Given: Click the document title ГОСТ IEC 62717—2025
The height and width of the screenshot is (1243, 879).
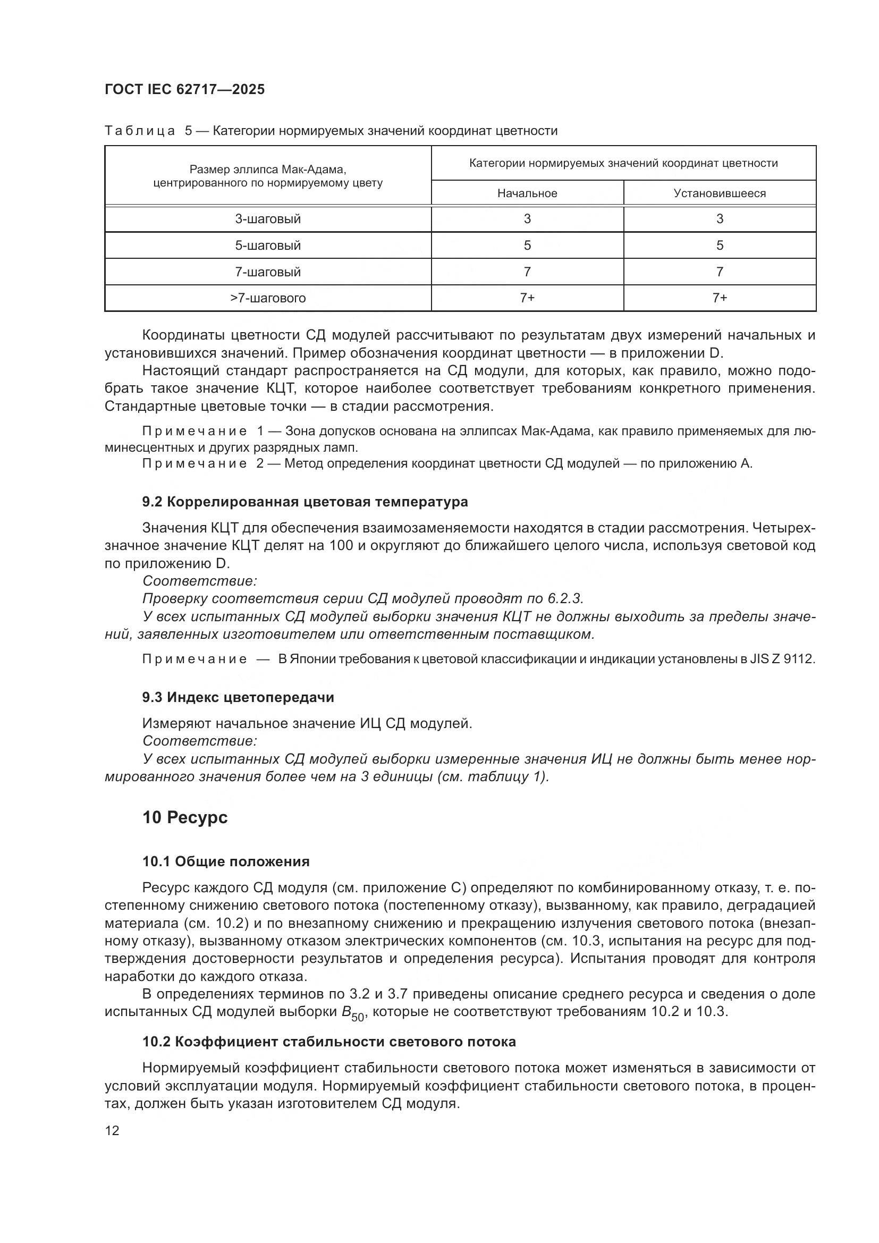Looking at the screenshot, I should click(x=184, y=89).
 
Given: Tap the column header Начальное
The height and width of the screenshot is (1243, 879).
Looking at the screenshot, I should click(x=527, y=193).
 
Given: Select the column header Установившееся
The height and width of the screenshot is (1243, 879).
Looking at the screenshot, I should click(x=720, y=193).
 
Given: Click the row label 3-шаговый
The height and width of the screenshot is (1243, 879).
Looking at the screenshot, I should click(x=268, y=219).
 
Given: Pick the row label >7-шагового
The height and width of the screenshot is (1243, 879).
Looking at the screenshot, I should click(x=268, y=298).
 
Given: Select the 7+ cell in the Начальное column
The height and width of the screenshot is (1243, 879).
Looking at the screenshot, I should click(x=527, y=298).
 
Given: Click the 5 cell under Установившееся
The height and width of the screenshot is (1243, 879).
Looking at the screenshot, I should click(x=720, y=246).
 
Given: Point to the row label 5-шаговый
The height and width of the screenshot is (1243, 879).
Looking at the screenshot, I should click(x=268, y=246).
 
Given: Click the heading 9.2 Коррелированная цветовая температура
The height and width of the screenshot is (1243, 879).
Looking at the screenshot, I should click(x=305, y=502).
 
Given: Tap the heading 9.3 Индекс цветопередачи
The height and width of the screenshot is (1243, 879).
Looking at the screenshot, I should click(x=238, y=697).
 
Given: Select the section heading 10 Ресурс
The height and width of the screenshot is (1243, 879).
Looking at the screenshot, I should click(x=184, y=817).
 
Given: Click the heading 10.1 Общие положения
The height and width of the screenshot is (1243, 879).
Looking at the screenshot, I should click(x=226, y=861).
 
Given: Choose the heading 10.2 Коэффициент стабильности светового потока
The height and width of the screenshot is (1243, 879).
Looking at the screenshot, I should click(x=328, y=1042).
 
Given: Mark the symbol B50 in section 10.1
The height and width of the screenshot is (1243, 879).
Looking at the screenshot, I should click(x=352, y=1013).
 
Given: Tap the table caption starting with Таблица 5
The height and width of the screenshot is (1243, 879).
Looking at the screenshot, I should click(x=330, y=131).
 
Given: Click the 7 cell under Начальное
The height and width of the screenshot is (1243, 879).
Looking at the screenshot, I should click(x=527, y=272).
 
